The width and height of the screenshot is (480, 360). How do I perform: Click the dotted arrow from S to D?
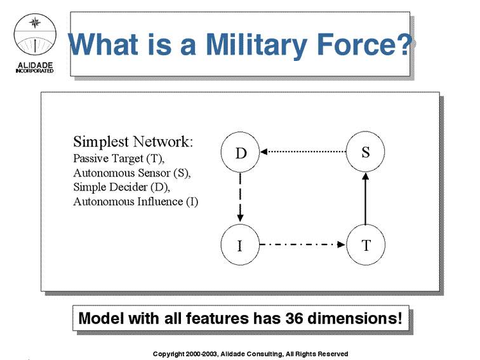tap(303, 152)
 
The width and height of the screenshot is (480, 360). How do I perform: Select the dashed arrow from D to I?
tap(240, 197)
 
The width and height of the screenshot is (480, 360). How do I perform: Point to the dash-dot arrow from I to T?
tap(302, 244)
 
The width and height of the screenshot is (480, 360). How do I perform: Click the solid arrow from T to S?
tap(366, 198)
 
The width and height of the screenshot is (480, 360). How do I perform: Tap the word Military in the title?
tap(257, 44)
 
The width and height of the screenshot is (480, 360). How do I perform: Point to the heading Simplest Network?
tap(133, 142)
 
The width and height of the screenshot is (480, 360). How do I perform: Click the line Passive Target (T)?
tap(119, 159)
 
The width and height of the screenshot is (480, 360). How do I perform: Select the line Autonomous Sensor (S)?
tap(132, 173)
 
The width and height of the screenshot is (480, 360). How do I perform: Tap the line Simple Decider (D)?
tap(121, 187)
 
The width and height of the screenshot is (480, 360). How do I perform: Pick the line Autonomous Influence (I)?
tap(136, 202)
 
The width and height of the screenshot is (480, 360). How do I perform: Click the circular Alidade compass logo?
tap(35, 34)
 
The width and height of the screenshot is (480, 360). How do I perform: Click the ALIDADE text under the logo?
tap(35, 65)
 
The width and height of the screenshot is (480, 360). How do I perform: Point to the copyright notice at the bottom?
tap(250, 354)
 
